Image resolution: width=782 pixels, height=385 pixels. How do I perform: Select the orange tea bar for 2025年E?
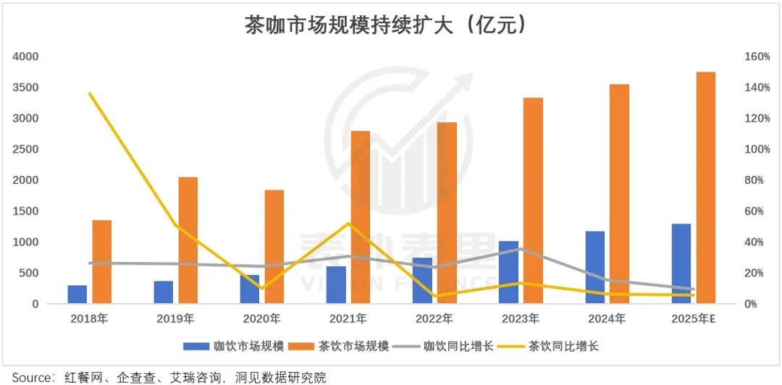pyautogui.click(x=705, y=188)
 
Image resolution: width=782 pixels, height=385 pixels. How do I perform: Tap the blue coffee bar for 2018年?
pyautogui.click(x=77, y=295)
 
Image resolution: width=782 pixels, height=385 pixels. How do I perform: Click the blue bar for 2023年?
pyautogui.click(x=508, y=272)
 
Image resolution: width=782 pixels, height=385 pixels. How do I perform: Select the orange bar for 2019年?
pyautogui.click(x=188, y=240)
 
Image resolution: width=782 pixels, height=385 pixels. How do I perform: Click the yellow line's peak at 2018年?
pyautogui.click(x=90, y=93)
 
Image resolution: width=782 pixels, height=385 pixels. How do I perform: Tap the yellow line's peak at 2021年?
pyautogui.click(x=348, y=224)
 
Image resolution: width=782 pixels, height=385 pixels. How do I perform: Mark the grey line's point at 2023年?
pyautogui.click(x=521, y=249)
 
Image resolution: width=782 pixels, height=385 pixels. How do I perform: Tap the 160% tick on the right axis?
pyautogui.click(x=757, y=56)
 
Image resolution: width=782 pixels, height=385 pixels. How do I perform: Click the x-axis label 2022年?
pyautogui.click(x=434, y=318)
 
